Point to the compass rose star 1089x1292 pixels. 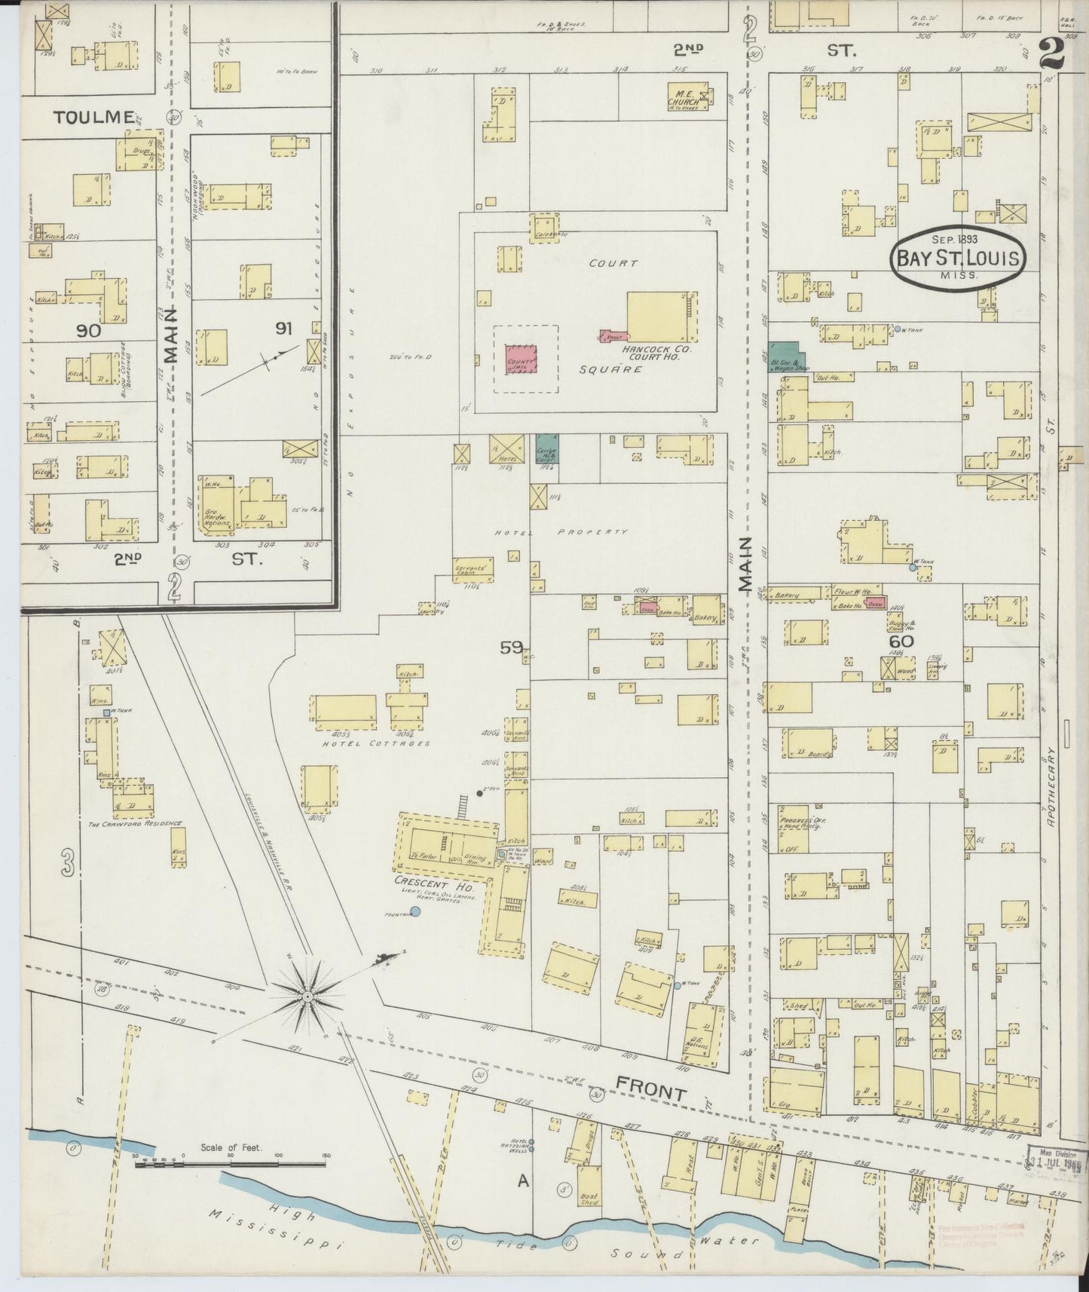coord(307,997)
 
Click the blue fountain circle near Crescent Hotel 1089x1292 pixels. coord(415,911)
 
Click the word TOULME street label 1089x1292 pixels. coord(94,118)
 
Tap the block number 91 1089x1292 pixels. coord(283,328)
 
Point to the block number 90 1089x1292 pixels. coord(88,329)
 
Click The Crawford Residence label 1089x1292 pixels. coord(135,823)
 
